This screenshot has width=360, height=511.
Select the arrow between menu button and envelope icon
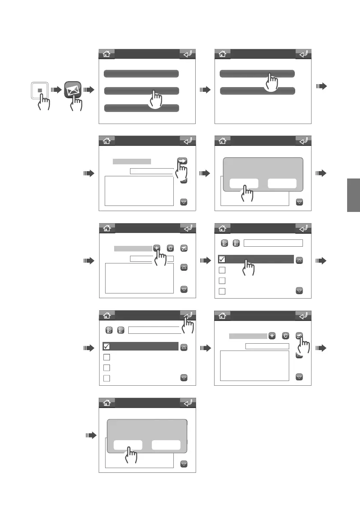[x=56, y=90]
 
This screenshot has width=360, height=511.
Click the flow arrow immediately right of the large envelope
[x=88, y=90]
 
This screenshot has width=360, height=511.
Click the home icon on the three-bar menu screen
[x=107, y=54]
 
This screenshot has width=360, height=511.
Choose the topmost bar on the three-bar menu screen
[x=141, y=73]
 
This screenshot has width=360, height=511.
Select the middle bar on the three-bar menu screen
[x=141, y=91]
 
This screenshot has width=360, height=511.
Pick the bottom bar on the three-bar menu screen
[x=141, y=108]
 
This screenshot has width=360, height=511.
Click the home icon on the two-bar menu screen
[x=222, y=54]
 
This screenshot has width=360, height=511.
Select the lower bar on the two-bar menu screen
[x=257, y=91]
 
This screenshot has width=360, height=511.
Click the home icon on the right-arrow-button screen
[x=107, y=141]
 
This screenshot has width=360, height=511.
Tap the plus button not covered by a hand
[x=272, y=336]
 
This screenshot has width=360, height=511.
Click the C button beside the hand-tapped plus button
[x=170, y=248]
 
